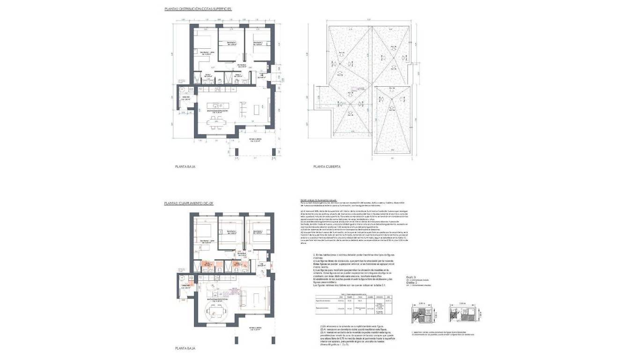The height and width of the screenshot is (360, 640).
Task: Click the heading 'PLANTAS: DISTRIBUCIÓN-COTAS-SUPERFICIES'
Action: coord(198,9)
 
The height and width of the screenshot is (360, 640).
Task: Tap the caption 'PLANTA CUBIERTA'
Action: coord(327,166)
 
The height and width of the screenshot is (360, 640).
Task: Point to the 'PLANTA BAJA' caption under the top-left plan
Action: coord(185,166)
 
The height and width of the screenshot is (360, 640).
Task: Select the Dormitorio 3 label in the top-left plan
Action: coord(258,43)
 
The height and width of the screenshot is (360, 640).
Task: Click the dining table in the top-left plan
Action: coord(216,124)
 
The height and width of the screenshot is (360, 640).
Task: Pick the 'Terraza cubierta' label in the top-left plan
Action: coord(255,140)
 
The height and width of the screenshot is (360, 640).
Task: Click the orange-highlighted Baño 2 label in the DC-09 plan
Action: coord(238,265)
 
